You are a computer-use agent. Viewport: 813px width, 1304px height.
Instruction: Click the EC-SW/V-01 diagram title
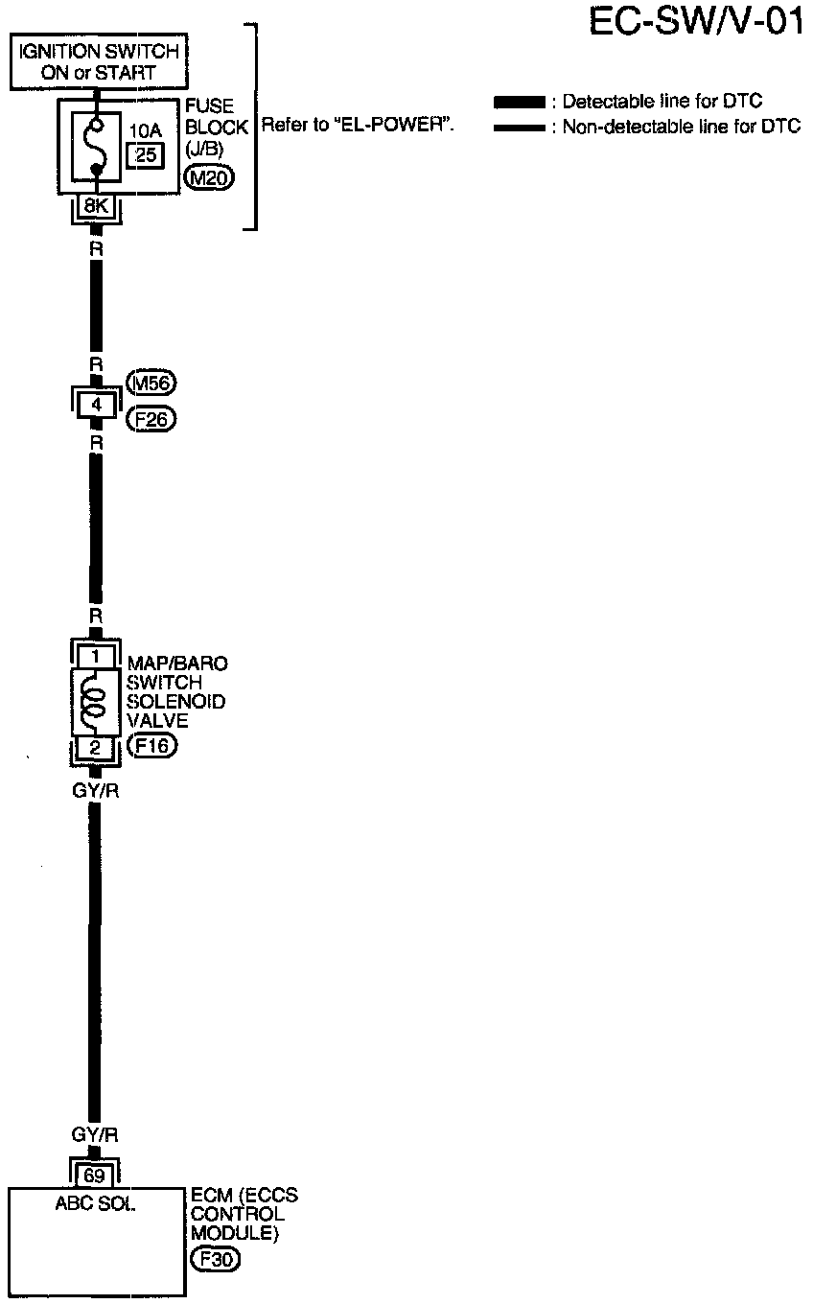(696, 22)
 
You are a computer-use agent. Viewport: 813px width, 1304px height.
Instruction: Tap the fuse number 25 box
(146, 153)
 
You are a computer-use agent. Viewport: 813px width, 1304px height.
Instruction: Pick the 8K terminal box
(95, 205)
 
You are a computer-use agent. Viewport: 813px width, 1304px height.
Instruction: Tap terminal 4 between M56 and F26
(95, 404)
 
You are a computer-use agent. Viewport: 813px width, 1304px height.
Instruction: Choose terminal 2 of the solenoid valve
(95, 746)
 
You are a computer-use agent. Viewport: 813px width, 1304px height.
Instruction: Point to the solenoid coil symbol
(94, 701)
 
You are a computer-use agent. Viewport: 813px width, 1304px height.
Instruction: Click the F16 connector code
(151, 746)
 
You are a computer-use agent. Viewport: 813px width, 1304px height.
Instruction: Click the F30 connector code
(214, 1260)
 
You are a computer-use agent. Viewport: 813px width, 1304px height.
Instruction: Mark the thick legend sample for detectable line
(519, 103)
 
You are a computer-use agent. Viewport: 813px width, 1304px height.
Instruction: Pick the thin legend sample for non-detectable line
(519, 128)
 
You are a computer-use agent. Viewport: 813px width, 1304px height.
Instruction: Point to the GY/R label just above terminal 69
(95, 1135)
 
